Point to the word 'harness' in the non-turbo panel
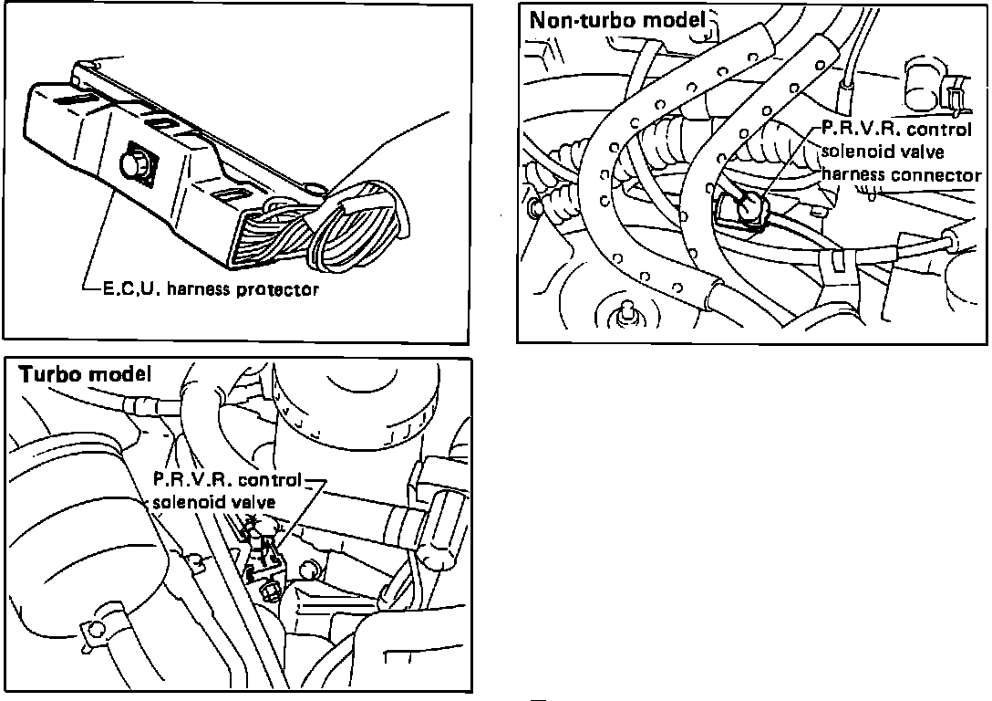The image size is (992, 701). [x=854, y=175]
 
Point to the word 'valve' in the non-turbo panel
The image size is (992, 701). [x=924, y=152]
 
